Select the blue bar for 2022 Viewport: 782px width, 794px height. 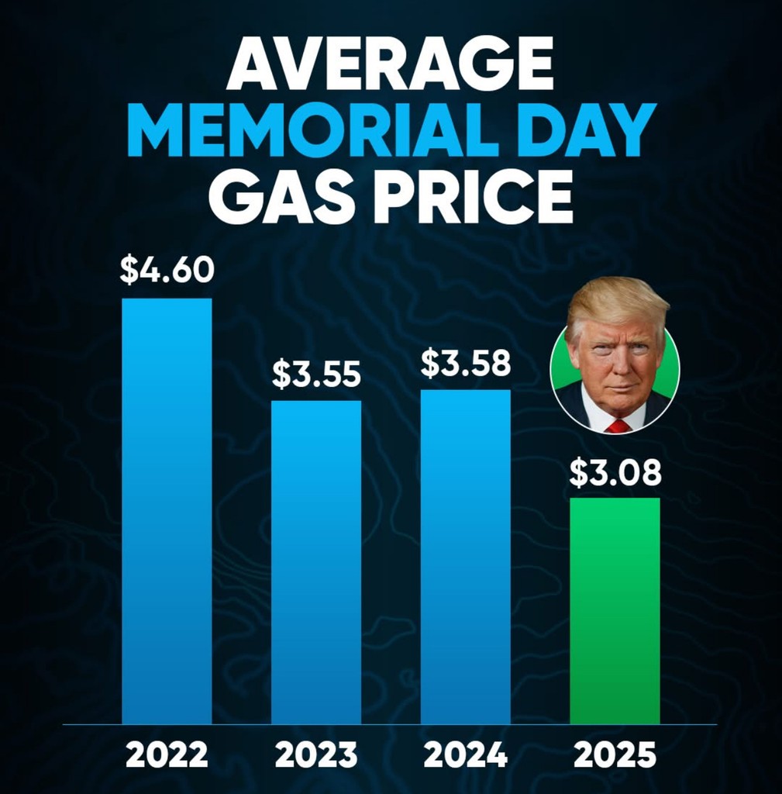point(167,512)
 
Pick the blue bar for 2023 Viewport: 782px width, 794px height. point(315,562)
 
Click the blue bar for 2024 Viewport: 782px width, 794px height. point(465,557)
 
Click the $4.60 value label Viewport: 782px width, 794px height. point(167,271)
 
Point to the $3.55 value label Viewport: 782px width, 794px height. point(316,374)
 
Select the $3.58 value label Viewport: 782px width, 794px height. point(465,363)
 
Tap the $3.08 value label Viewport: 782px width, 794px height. point(615,473)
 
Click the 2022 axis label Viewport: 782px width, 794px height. point(167,754)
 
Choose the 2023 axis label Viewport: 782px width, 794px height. point(316,754)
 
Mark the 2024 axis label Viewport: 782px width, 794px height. point(465,754)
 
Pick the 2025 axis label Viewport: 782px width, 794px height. point(615,754)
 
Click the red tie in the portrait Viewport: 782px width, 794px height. point(618,426)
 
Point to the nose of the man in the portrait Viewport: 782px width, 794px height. point(616,364)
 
